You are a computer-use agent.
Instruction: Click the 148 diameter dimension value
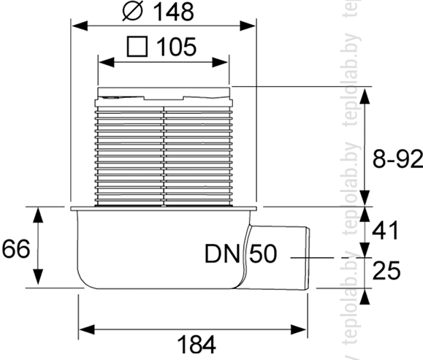click(x=173, y=12)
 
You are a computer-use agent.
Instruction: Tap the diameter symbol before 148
click(x=132, y=12)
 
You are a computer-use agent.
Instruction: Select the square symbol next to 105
click(x=137, y=47)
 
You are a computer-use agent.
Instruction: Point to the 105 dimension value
click(x=176, y=47)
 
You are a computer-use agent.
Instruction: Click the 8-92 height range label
click(x=397, y=158)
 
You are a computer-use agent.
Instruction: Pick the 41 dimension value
click(x=385, y=231)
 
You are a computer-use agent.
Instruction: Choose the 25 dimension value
click(x=386, y=270)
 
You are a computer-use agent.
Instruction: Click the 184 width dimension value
click(x=197, y=345)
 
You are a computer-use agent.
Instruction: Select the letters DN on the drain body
click(x=222, y=253)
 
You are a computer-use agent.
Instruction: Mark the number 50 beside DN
click(x=263, y=253)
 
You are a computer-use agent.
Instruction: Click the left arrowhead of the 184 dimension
click(x=87, y=329)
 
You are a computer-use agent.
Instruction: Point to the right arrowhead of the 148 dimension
click(x=248, y=26)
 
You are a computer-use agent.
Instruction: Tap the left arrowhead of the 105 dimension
click(x=107, y=63)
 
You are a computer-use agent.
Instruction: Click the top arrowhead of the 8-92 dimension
click(x=365, y=96)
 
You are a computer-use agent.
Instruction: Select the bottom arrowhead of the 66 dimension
click(x=38, y=277)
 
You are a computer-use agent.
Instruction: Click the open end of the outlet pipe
click(x=308, y=258)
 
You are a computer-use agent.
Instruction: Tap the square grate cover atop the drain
click(x=164, y=93)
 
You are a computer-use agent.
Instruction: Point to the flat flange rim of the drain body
click(x=164, y=208)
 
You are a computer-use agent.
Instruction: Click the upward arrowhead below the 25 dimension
click(x=365, y=296)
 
